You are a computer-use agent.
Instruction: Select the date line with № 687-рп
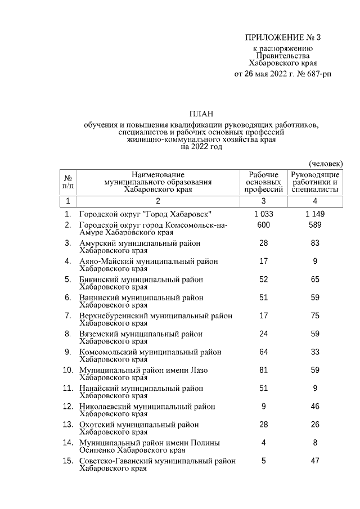pyautogui.click(x=282, y=74)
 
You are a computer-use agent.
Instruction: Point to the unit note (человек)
pyautogui.click(x=326, y=163)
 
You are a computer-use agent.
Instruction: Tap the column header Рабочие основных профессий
pyautogui.click(x=263, y=182)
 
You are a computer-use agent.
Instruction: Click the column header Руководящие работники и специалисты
pyautogui.click(x=315, y=182)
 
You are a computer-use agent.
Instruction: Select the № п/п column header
pyautogui.click(x=67, y=182)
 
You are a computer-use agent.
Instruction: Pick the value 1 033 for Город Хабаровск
pyautogui.click(x=263, y=214)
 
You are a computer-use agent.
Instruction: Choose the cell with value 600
pyautogui.click(x=263, y=225)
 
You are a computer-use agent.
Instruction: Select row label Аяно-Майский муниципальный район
pyautogui.click(x=148, y=262)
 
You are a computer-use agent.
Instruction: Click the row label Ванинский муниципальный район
pyautogui.click(x=141, y=298)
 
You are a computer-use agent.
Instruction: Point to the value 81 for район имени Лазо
pyautogui.click(x=263, y=370)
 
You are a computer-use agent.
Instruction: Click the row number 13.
pyautogui.click(x=67, y=424)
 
